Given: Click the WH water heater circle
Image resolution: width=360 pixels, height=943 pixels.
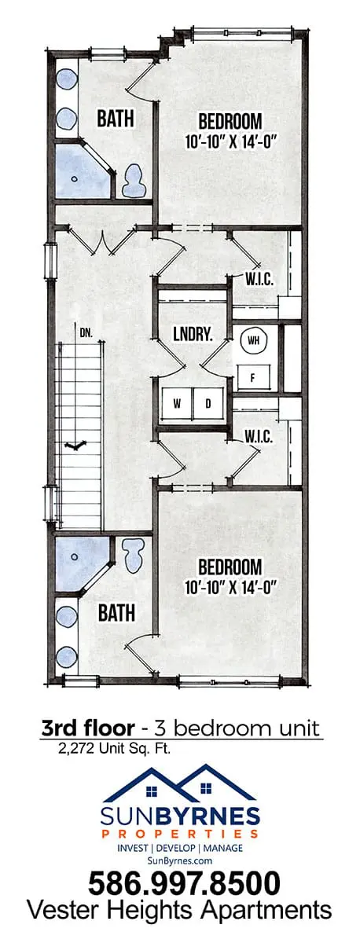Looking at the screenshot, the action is (x=253, y=340).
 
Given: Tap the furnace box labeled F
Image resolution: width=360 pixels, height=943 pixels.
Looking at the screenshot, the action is (x=253, y=378).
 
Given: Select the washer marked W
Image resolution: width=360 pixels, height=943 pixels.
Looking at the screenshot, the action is (x=178, y=404).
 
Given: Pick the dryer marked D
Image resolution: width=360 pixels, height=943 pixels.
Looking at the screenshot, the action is (x=208, y=404).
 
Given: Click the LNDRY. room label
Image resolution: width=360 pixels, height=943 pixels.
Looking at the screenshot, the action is (x=193, y=335).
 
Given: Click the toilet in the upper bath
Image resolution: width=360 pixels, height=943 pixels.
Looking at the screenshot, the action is (x=134, y=181).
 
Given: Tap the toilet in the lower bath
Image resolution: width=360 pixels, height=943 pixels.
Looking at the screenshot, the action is (x=134, y=556).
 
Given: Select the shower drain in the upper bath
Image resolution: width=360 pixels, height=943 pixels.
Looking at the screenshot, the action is (x=75, y=178).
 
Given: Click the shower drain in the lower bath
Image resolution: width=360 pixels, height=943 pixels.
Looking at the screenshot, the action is (x=75, y=556).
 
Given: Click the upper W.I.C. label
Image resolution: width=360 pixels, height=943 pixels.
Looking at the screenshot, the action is (x=259, y=280).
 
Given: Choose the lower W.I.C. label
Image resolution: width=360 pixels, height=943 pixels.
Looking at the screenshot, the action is (x=259, y=437).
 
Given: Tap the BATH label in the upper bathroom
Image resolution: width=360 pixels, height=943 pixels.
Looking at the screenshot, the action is (x=116, y=119).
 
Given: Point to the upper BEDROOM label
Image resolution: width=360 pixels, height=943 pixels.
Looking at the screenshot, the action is (x=230, y=121).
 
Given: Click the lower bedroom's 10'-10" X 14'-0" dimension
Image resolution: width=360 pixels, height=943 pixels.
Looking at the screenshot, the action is (x=230, y=587).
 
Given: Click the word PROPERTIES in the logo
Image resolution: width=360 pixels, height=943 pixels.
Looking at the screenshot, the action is (x=180, y=833).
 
